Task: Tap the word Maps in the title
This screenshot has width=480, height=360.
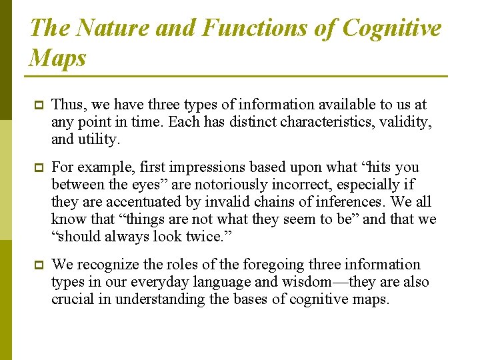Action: [58, 58]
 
